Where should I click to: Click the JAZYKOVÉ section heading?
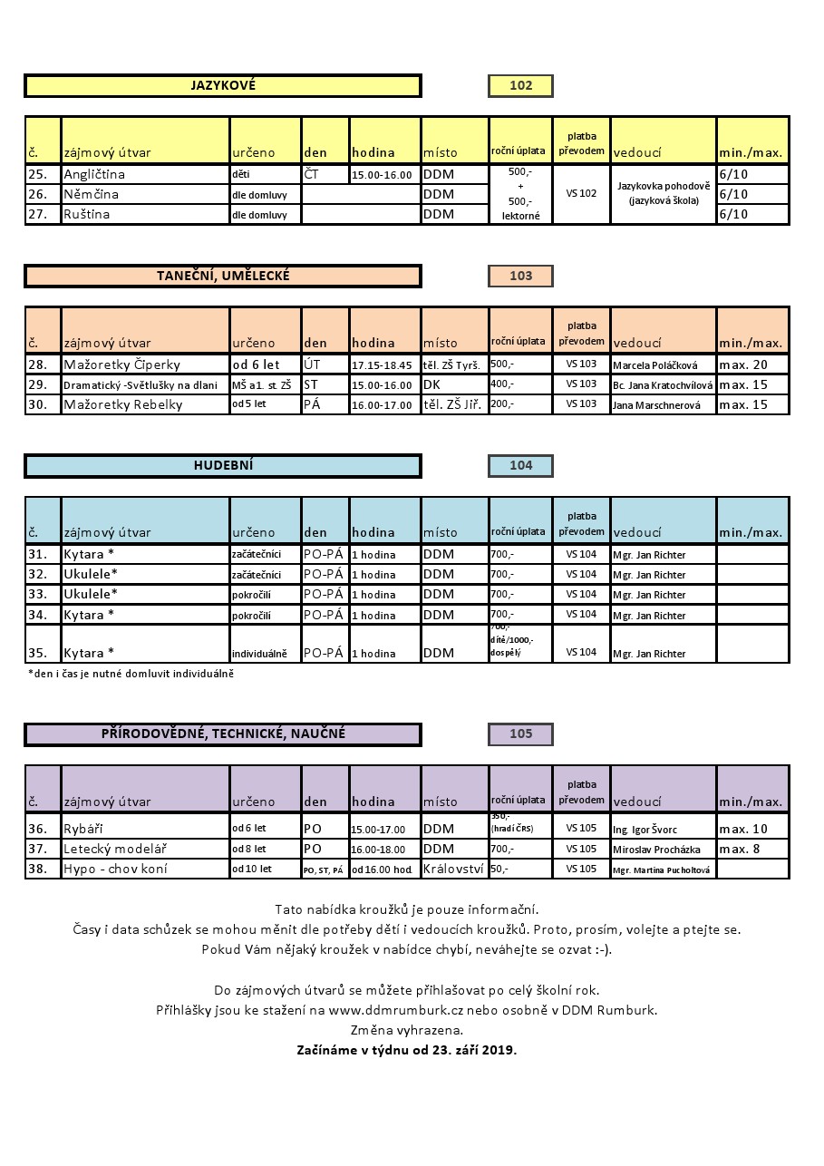(x=223, y=86)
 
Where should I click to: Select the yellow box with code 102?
(x=520, y=86)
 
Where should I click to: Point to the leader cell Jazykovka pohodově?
(x=664, y=193)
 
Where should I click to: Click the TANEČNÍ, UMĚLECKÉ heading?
(x=223, y=276)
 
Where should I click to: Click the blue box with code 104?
(x=520, y=465)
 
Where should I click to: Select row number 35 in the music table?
(x=37, y=652)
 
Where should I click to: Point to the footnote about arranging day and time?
(x=131, y=674)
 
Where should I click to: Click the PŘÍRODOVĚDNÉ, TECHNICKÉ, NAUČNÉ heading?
(x=223, y=734)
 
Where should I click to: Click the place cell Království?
(x=453, y=869)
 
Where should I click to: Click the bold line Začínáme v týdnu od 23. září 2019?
(x=406, y=1050)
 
